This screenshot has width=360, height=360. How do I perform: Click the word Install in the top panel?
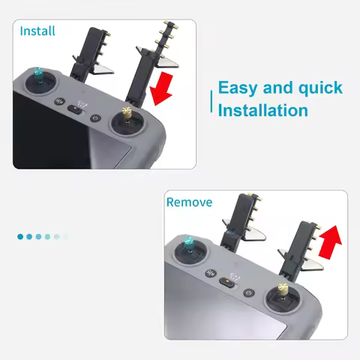click(x=37, y=31)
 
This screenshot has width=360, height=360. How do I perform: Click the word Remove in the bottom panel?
click(x=189, y=202)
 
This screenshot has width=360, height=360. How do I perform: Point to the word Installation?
click(x=262, y=110)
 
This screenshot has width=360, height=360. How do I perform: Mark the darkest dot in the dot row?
click(x=20, y=236)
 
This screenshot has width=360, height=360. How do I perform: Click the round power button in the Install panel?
click(x=95, y=118)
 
